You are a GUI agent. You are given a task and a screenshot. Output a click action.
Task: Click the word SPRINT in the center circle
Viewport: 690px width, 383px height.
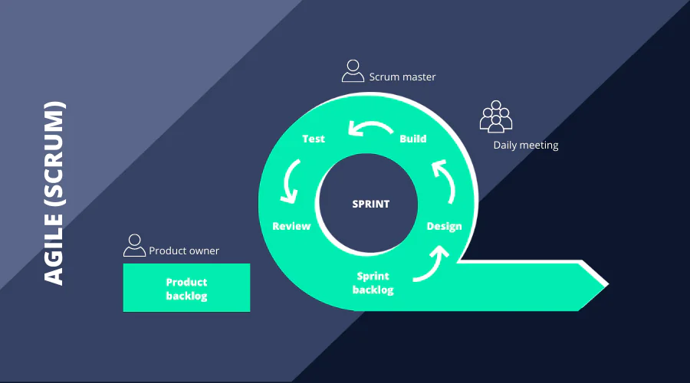[x=370, y=204]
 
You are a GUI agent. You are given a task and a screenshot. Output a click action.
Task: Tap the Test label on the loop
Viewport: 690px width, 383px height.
[x=314, y=139]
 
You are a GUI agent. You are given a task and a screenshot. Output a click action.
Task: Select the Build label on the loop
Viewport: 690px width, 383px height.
[x=413, y=139]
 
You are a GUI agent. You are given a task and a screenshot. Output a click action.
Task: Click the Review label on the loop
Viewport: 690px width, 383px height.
[x=291, y=226]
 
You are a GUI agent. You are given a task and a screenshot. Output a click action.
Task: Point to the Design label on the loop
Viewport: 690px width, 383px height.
[x=444, y=226]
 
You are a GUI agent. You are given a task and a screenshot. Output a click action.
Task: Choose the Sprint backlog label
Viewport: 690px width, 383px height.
[x=373, y=283]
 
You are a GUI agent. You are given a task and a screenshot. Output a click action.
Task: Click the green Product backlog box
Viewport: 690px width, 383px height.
[x=186, y=288]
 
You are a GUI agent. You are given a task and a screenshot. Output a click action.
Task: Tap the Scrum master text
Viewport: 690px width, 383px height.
[x=402, y=77]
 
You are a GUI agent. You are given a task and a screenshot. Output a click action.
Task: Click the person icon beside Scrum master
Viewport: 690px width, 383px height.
[x=353, y=70]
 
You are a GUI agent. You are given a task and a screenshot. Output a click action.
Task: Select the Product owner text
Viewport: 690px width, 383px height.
[x=184, y=250]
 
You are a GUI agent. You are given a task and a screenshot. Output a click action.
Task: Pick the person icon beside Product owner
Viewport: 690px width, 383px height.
[x=134, y=245]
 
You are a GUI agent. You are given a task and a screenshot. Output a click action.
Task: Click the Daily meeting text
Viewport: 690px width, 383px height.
[x=526, y=145]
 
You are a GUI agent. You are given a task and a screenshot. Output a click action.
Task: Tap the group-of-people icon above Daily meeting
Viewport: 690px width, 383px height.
[x=496, y=116]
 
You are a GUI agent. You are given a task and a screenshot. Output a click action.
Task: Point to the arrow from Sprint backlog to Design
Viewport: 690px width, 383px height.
[x=431, y=264]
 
